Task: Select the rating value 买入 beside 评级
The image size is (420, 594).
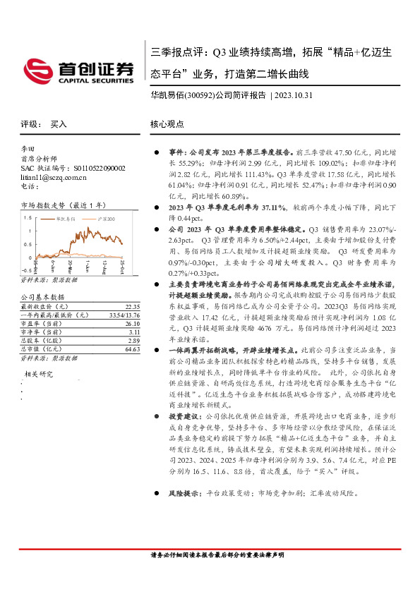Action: tap(59, 124)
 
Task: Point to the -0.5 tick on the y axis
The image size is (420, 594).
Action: tap(26, 269)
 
